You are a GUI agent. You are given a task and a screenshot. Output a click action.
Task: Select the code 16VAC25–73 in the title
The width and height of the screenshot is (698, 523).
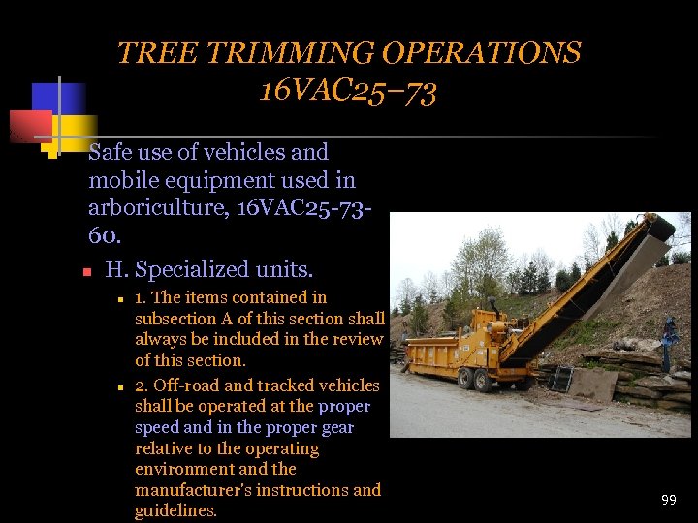tap(348, 92)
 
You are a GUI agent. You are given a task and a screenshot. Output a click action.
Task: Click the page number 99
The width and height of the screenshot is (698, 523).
tap(668, 500)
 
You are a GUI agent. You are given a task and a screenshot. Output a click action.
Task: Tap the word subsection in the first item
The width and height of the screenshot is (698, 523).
tap(174, 319)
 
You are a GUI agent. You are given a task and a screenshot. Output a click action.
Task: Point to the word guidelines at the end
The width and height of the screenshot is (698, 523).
tap(174, 511)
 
